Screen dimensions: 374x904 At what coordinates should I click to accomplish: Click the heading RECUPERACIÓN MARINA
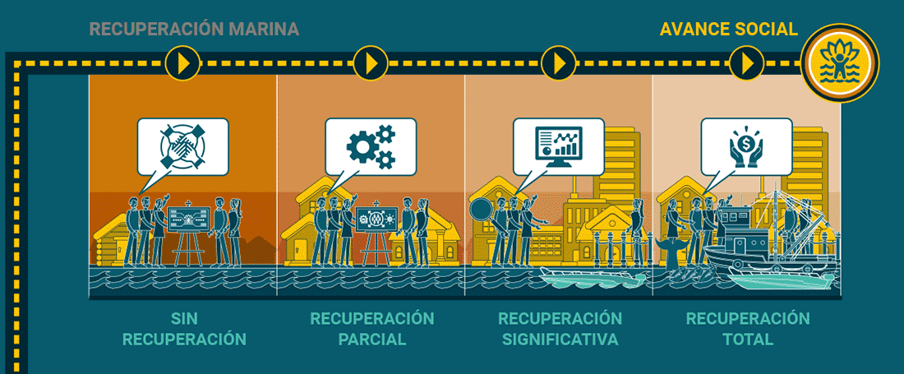(194, 30)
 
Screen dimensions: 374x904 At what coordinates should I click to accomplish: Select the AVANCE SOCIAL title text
(728, 30)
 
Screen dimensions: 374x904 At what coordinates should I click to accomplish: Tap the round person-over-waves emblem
(841, 62)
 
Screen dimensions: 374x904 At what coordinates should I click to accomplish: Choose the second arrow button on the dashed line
(371, 62)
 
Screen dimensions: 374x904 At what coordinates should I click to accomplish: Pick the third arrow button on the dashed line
(560, 62)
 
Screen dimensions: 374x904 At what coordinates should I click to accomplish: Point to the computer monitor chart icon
(559, 144)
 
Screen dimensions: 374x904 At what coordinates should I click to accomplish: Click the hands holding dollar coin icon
(746, 144)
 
